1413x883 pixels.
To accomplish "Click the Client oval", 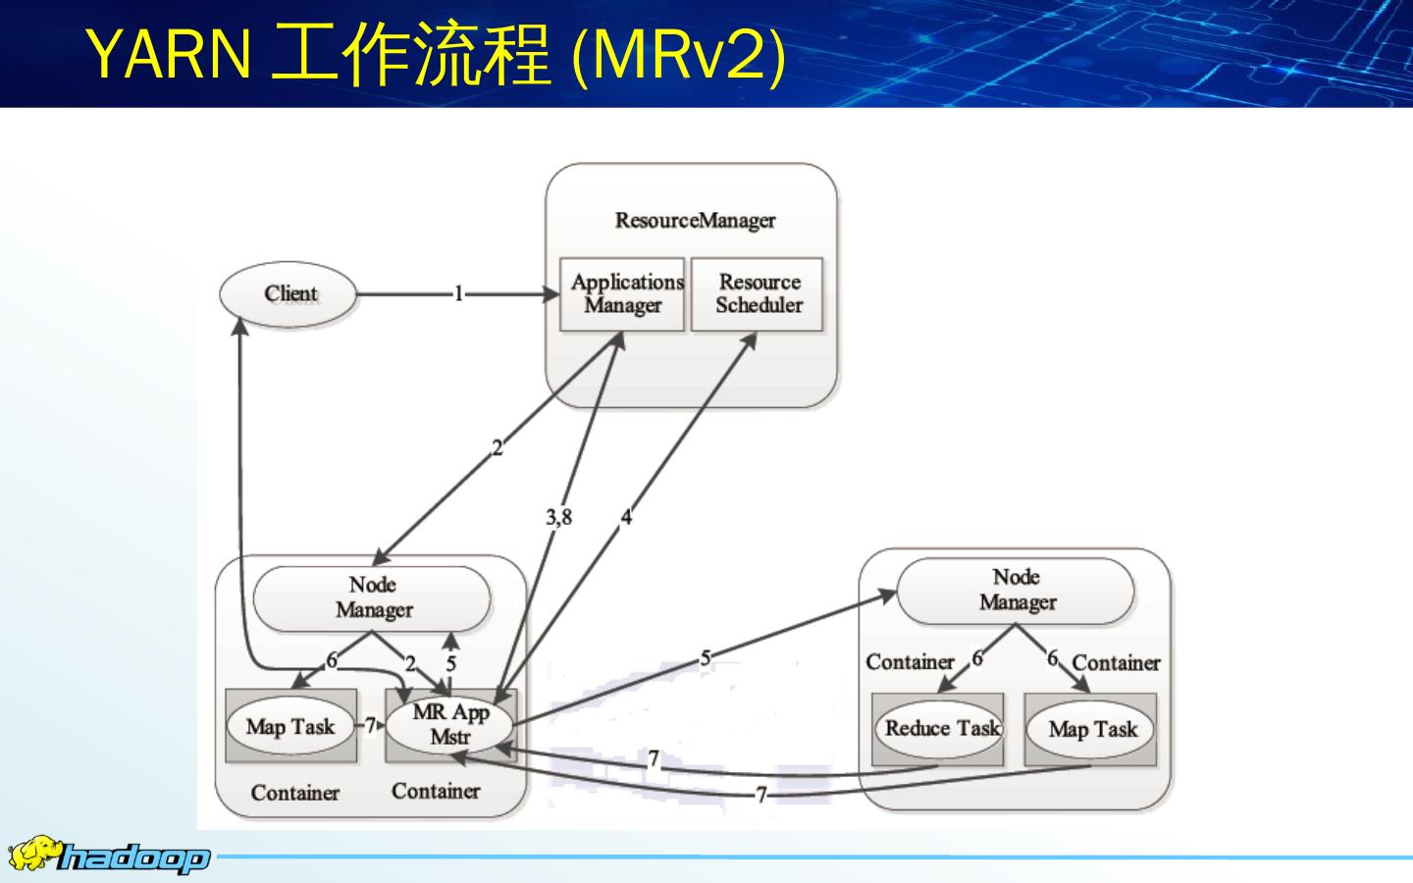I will coord(289,293).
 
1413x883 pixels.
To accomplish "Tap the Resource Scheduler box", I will coord(758,294).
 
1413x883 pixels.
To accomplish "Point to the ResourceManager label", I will coord(695,220).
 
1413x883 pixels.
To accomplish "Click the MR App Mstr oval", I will coord(450,725).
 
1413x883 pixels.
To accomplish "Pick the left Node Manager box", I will coord(372,597).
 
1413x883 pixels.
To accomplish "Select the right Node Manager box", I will coord(1016,590).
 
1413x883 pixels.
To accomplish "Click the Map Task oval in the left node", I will coord(290,726).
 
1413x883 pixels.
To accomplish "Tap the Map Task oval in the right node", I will coord(1091,729).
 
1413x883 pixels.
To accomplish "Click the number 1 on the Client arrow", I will coord(457,293).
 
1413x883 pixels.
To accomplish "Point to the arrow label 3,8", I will coord(559,517).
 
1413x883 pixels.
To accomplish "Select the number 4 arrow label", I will coord(626,517).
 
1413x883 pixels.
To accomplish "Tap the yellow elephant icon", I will coord(32,854).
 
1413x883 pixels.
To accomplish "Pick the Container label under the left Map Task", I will coord(294,793).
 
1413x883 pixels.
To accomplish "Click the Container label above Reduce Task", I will coord(910,662).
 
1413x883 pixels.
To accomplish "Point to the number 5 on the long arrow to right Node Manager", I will coord(705,658).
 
